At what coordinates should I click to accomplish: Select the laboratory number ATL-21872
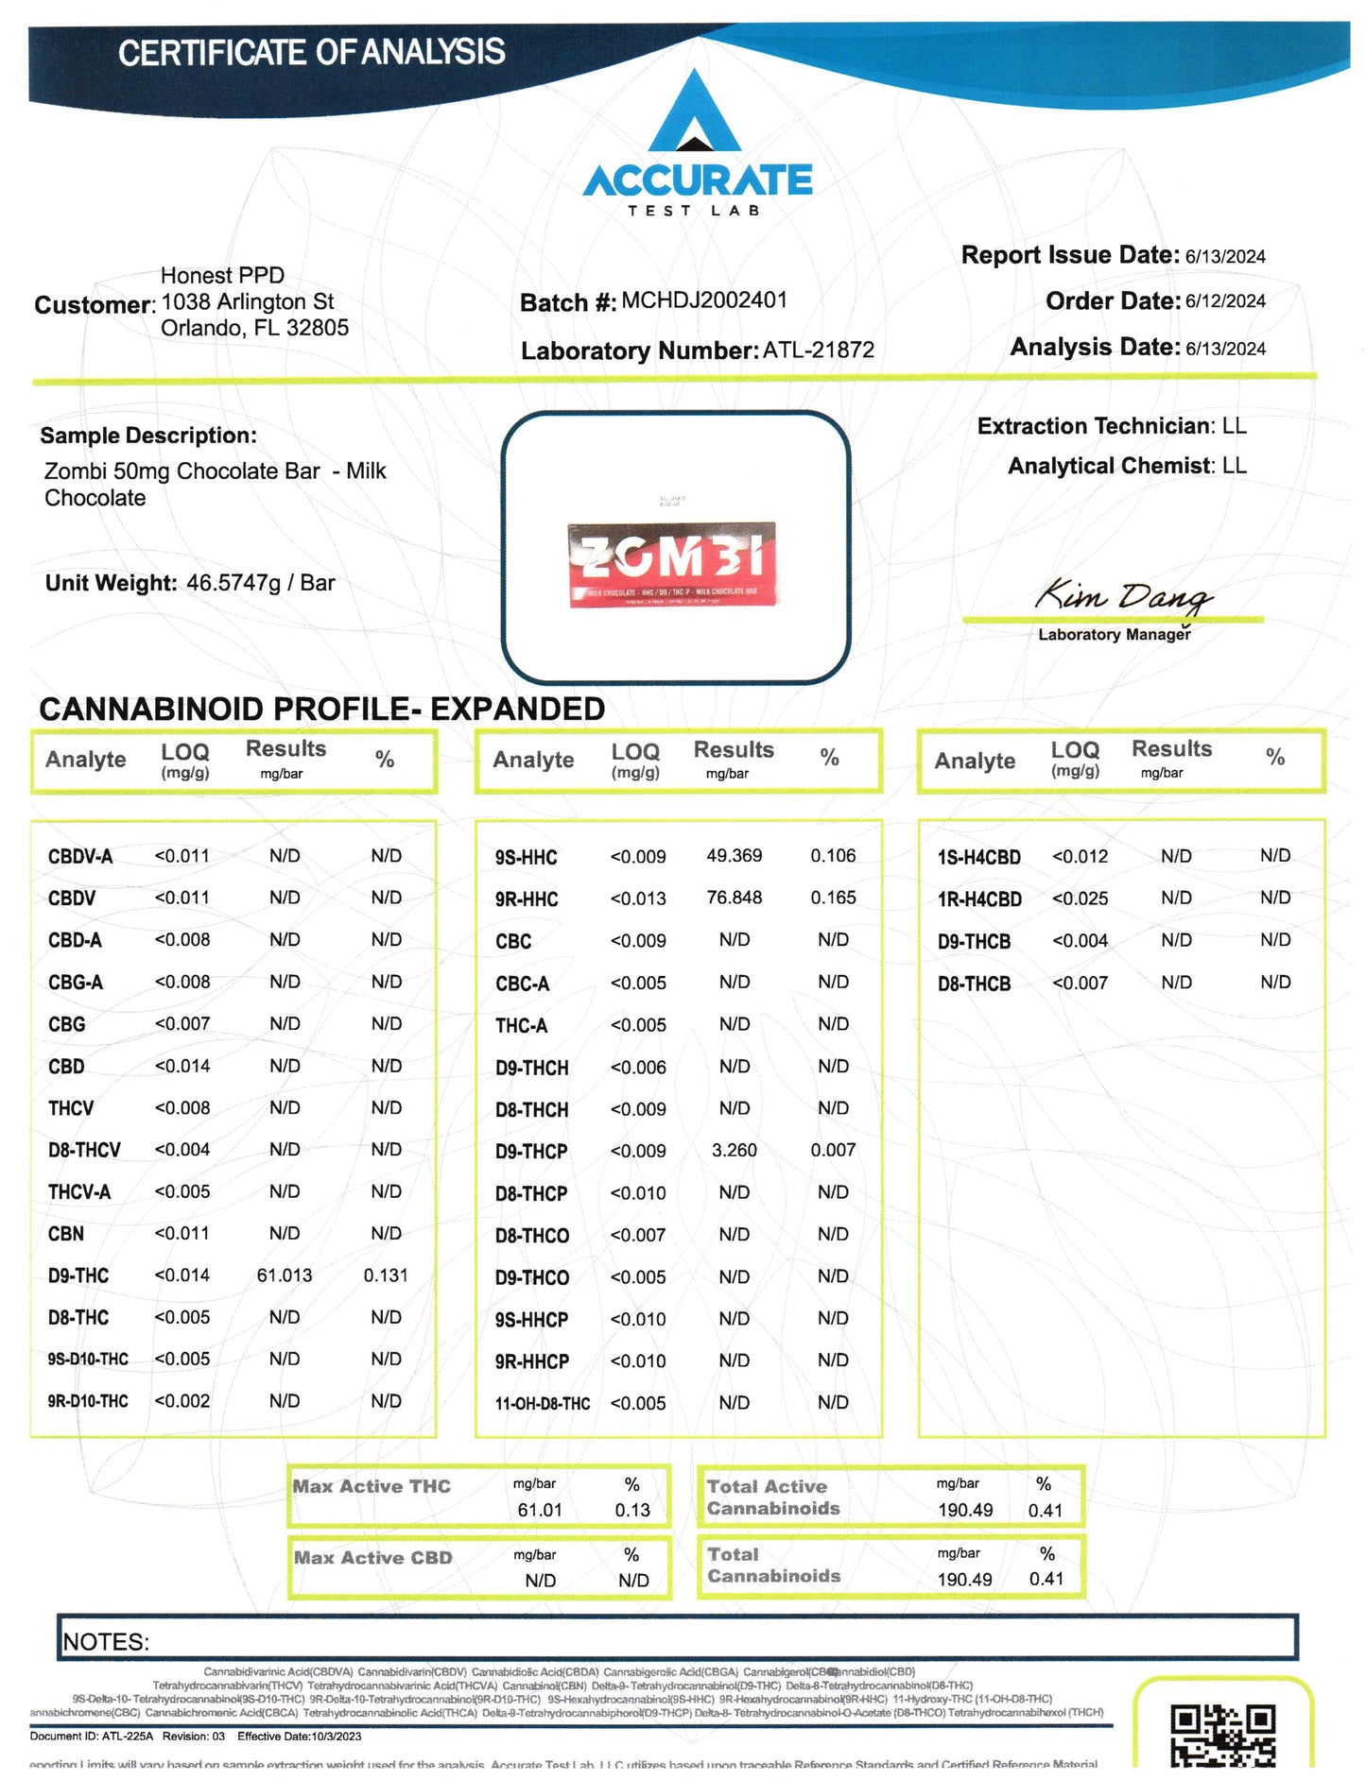[x=818, y=351]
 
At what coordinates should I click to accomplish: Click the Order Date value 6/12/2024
[x=1225, y=301]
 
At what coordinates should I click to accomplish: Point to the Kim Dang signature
[x=1122, y=596]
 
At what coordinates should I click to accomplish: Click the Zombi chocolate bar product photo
[x=671, y=564]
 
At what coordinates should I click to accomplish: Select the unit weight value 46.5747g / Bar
[x=260, y=583]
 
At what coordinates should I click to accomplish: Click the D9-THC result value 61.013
[x=284, y=1275]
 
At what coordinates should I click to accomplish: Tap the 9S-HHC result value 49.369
[x=734, y=856]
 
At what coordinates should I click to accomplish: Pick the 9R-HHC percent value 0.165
[x=833, y=898]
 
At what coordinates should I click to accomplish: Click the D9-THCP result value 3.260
[x=734, y=1150]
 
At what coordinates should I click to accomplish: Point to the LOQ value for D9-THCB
[x=1080, y=941]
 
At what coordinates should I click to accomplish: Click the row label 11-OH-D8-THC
[x=542, y=1404]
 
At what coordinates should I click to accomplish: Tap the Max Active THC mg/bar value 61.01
[x=540, y=1510]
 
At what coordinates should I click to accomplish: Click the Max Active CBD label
[x=372, y=1558]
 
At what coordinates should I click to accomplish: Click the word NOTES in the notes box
[x=106, y=1642]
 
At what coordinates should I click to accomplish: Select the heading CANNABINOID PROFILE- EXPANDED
[x=321, y=709]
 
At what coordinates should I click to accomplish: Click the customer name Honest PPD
[x=222, y=275]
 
